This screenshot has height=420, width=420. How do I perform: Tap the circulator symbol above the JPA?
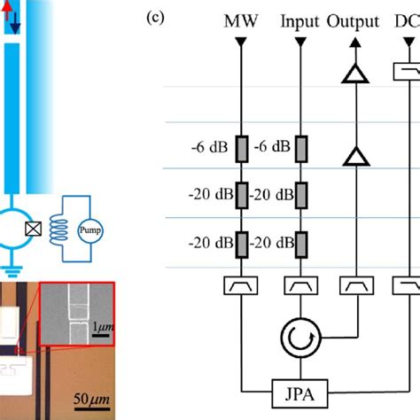[x=294, y=338]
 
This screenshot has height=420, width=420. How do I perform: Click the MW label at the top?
[x=240, y=20]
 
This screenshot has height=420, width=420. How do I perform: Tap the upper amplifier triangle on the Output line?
[x=354, y=77]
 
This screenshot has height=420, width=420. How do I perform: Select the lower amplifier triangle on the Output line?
[x=354, y=157]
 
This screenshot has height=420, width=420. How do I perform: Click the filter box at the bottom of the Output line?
[x=354, y=285]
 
